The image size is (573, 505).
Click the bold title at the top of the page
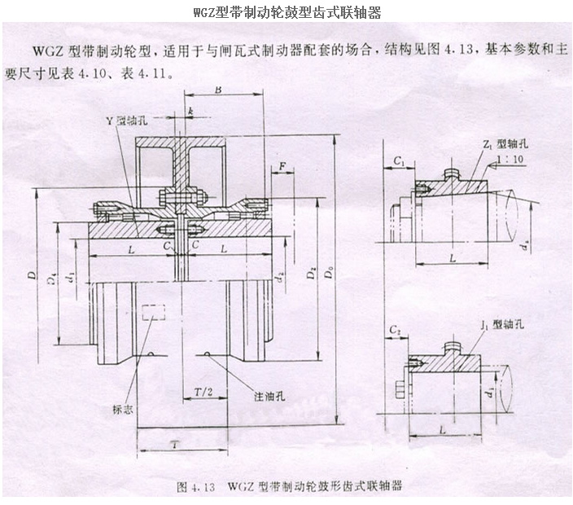click(x=286, y=11)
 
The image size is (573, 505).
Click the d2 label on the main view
click(x=279, y=275)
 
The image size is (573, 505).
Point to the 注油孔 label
click(x=261, y=395)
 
